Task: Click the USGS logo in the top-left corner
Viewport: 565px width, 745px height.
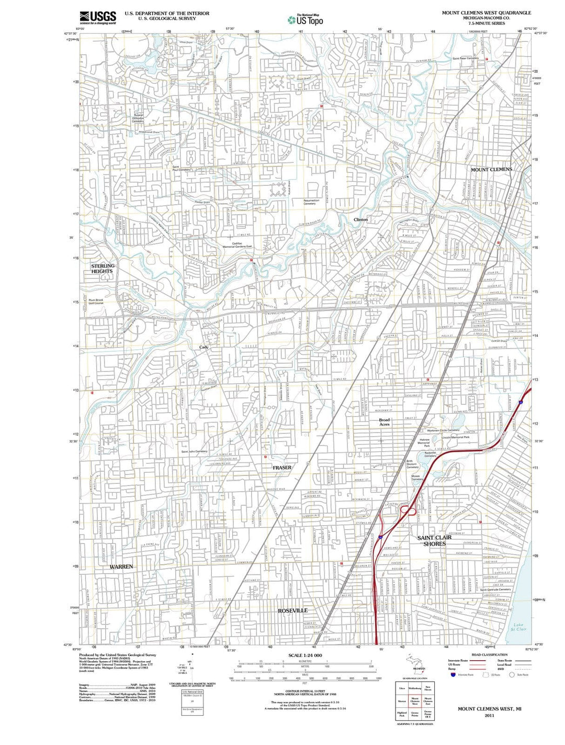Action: click(98, 18)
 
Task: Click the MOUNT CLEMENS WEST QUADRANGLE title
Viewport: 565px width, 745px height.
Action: click(486, 13)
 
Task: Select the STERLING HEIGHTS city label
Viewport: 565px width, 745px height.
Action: click(103, 269)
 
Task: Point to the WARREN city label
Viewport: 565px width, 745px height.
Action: click(121, 566)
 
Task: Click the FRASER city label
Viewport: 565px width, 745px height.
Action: click(282, 468)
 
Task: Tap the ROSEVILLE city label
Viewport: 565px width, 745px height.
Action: click(292, 610)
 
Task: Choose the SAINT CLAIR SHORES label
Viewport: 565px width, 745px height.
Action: click(435, 541)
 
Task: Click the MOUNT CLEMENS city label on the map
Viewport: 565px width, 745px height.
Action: click(491, 170)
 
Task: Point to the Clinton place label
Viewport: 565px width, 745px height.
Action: click(361, 219)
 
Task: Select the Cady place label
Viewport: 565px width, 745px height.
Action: click(204, 347)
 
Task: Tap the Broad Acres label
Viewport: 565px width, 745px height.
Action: click(385, 422)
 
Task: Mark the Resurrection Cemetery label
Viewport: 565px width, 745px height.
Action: click(311, 202)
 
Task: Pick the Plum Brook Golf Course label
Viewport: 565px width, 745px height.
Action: click(96, 302)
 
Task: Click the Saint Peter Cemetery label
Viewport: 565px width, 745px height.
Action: click(465, 58)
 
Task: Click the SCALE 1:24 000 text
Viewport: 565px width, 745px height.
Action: click(305, 655)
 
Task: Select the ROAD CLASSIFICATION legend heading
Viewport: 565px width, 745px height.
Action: click(489, 654)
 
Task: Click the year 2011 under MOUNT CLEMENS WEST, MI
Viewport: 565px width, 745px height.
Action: click(489, 715)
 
